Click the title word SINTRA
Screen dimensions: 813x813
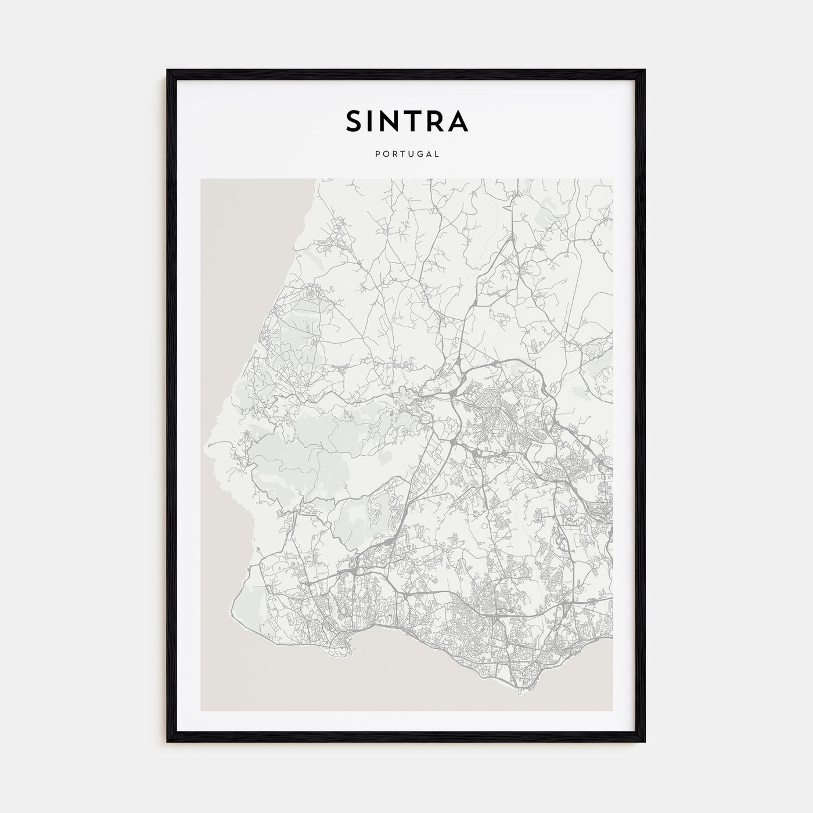[406, 121]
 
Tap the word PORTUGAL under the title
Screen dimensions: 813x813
[406, 154]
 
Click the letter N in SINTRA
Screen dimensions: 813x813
[390, 121]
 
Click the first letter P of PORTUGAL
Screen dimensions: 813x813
[377, 154]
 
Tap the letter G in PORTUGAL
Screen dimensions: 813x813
[420, 154]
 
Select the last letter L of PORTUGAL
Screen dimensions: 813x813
[437, 154]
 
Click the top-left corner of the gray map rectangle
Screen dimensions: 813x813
[202, 179]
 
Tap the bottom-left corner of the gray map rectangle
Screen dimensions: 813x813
[202, 710]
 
